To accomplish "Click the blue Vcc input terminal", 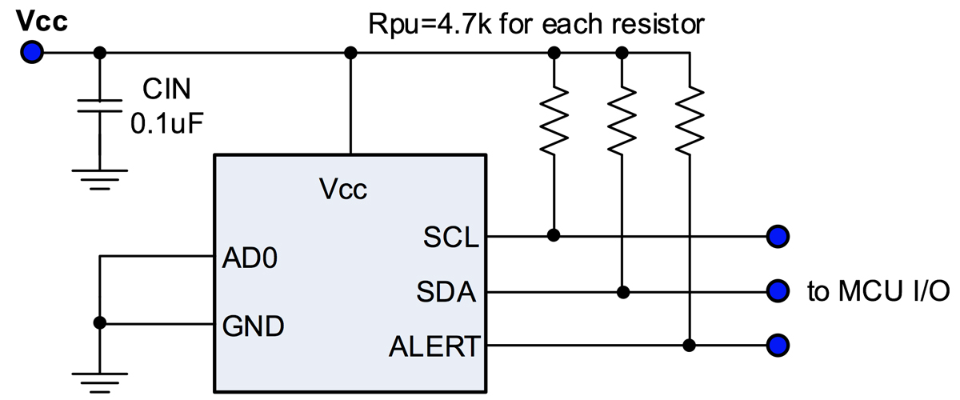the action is [x=32, y=52].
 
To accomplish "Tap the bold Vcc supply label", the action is [x=42, y=21].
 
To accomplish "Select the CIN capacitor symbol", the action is [x=100, y=106].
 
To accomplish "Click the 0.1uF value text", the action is [x=166, y=123].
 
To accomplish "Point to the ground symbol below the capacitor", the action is [x=100, y=180].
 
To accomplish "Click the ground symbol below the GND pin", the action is [x=100, y=383].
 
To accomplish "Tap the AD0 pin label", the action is [x=250, y=258].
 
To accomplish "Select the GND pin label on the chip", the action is [x=253, y=326].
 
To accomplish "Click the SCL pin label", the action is [x=451, y=237].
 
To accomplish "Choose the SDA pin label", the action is [x=446, y=292].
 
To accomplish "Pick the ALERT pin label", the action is [x=434, y=346].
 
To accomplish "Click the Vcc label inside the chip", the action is [x=343, y=189].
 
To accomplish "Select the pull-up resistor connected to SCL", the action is [x=554, y=120].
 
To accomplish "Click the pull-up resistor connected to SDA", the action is [x=622, y=120].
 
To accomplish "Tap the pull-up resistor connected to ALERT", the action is [x=690, y=120].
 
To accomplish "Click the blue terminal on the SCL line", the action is [x=778, y=236].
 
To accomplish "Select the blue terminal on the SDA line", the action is [x=778, y=291].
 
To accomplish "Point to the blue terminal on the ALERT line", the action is [x=778, y=345].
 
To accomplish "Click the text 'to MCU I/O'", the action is [x=878, y=291].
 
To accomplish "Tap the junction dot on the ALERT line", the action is [x=689, y=345].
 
